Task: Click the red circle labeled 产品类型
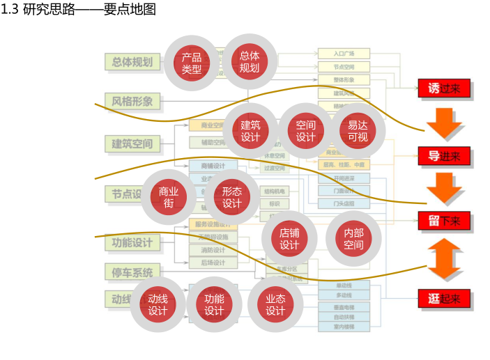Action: (x=192, y=63)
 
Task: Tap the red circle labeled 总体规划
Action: (x=250, y=62)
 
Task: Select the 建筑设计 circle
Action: (x=250, y=131)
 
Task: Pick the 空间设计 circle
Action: (x=306, y=131)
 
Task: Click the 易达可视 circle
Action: (x=358, y=131)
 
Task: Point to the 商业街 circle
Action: (x=169, y=197)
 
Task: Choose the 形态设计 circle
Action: (x=232, y=197)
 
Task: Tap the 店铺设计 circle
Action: (x=289, y=238)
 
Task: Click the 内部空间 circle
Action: (x=353, y=238)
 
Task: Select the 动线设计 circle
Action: (x=158, y=304)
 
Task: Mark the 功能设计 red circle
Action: (x=214, y=304)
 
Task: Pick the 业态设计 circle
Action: (x=275, y=304)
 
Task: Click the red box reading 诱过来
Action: (x=444, y=88)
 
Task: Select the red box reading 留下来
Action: (x=444, y=221)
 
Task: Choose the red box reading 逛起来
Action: (x=444, y=299)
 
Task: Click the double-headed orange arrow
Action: (x=444, y=260)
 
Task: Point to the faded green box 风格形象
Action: (x=132, y=102)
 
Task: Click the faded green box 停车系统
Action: (x=132, y=272)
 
